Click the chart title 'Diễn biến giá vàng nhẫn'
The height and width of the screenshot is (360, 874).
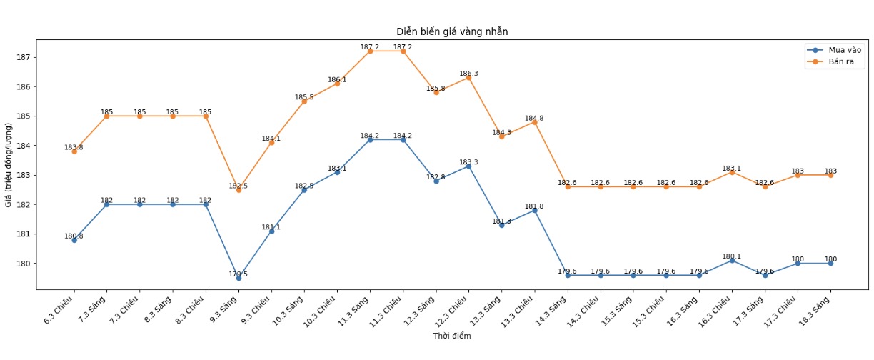[452, 31]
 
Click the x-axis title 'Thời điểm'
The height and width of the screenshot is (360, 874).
[452, 336]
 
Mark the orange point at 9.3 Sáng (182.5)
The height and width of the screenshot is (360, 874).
[238, 190]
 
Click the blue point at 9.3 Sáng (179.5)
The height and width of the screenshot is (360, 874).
[238, 278]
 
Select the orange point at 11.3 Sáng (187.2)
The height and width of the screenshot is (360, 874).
[370, 51]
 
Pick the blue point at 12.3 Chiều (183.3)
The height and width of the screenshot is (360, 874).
[468, 166]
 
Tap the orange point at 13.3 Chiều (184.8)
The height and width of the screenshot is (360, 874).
[534, 122]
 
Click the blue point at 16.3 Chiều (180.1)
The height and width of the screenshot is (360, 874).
[732, 261]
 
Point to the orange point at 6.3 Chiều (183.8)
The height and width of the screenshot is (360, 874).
[74, 151]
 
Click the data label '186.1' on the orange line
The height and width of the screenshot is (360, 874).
[337, 80]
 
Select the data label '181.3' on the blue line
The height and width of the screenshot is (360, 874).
[501, 221]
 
